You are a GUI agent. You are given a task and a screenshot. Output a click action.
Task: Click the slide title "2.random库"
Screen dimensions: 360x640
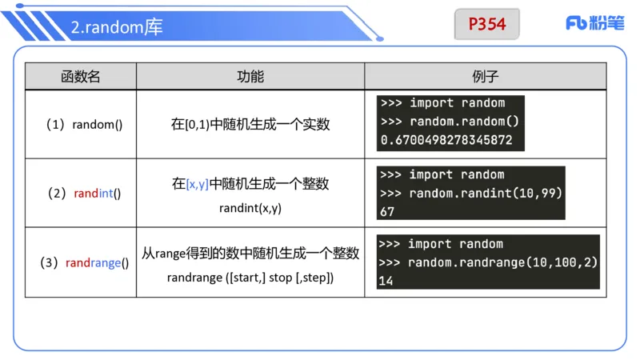[117, 27]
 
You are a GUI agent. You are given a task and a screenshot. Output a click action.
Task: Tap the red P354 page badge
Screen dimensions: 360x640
[487, 24]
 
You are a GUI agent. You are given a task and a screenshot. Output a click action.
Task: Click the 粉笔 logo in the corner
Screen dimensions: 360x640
[595, 23]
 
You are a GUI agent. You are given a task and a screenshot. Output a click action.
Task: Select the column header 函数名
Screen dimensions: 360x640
[81, 77]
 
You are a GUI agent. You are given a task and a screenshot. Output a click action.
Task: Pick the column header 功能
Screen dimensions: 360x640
[250, 77]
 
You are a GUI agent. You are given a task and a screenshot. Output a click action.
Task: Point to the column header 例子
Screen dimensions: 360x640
[486, 77]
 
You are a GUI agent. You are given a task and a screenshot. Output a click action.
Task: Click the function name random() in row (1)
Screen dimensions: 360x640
[97, 125]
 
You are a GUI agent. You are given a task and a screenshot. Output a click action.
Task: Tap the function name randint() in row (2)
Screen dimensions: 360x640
[97, 194]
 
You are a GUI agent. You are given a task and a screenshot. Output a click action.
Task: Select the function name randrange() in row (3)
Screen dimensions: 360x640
[97, 262]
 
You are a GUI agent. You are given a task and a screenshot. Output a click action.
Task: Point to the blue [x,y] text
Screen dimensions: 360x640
[197, 184]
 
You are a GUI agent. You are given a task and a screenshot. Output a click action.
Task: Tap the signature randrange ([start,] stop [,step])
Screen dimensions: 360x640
[250, 278]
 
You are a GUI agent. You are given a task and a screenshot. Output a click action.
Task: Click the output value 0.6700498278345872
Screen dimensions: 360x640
[446, 141]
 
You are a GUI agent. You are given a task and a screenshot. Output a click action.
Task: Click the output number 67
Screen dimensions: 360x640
[387, 211]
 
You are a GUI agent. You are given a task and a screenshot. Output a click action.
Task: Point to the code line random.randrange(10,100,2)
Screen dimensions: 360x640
[502, 262]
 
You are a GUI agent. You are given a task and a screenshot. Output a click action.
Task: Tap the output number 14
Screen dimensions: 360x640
[386, 281]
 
